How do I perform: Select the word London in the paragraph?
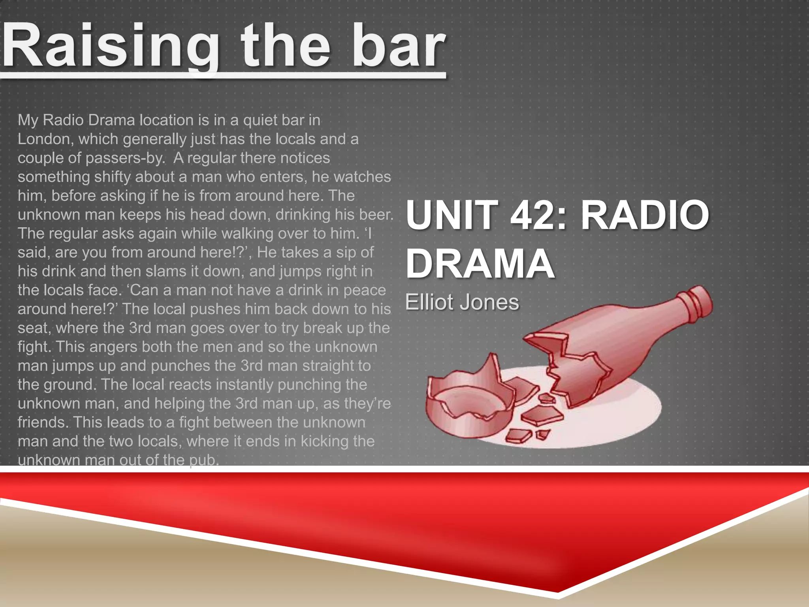click(45, 139)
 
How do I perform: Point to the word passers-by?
click(125, 158)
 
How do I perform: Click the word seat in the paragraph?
click(34, 328)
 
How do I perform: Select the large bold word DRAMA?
click(480, 264)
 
